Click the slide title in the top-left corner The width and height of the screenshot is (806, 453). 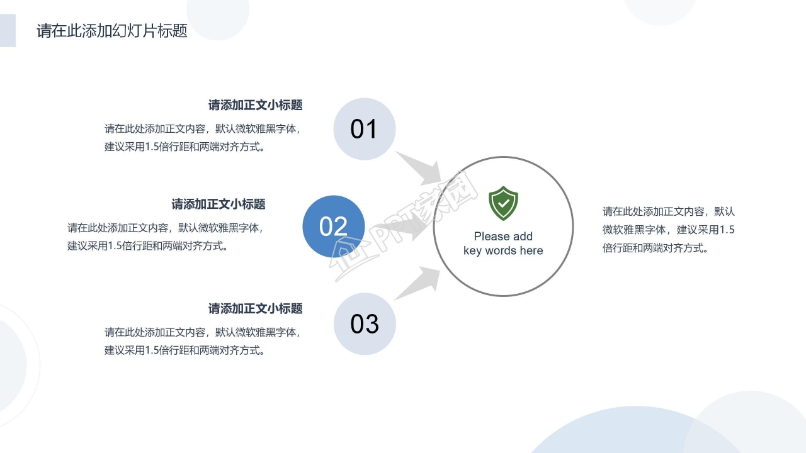[x=112, y=31]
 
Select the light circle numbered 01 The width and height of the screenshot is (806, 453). [x=364, y=129]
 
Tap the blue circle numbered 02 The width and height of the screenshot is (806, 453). [x=334, y=226]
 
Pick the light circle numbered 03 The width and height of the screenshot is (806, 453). [x=365, y=324]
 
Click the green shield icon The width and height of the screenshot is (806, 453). [x=503, y=203]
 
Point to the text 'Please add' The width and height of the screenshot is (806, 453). [x=503, y=237]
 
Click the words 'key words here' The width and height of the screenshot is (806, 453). [x=503, y=250]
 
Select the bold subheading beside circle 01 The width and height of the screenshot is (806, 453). [x=256, y=105]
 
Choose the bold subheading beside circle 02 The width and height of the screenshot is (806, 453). [x=219, y=204]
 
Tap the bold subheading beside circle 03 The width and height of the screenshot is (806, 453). [x=256, y=308]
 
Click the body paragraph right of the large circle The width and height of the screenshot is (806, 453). [x=668, y=230]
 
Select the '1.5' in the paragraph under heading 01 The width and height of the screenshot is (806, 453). [x=153, y=147]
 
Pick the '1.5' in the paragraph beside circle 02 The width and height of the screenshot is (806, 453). [x=116, y=246]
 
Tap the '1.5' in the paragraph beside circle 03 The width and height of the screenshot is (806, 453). [x=153, y=350]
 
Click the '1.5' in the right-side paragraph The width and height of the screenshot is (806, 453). [x=727, y=230]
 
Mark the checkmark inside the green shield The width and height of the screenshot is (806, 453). [x=503, y=203]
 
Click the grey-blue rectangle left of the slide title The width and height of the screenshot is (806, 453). [x=8, y=31]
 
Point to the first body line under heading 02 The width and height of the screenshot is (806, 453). [x=164, y=228]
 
